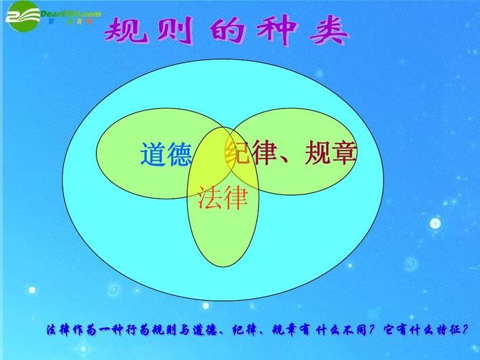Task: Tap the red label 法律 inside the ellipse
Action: click(x=222, y=197)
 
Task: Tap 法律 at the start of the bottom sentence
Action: click(x=59, y=331)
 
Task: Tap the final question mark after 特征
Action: click(x=472, y=331)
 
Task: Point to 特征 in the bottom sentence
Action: click(x=452, y=331)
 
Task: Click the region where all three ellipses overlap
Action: click(x=218, y=151)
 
